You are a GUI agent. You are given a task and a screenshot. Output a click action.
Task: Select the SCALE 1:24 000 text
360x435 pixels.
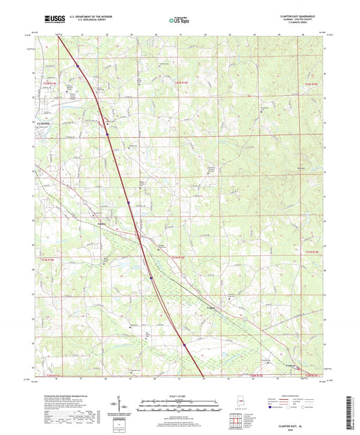(x=180, y=395)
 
